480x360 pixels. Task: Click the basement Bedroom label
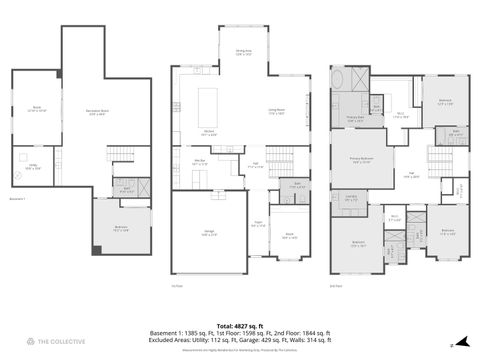point(121,229)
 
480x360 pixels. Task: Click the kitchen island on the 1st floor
point(212,102)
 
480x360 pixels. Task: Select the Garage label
point(209,233)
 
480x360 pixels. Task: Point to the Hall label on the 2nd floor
point(411,173)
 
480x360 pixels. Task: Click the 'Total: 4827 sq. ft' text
point(239,325)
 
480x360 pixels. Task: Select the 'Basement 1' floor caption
point(16,199)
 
